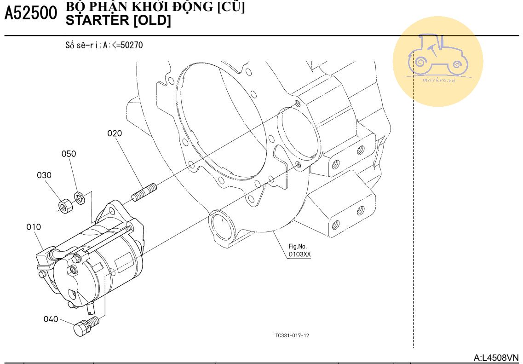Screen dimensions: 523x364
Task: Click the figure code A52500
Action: pos(30,14)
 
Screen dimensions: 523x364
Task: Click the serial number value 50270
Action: pos(132,45)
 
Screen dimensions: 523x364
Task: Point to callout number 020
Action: pos(115,133)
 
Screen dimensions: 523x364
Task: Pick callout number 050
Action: pos(69,154)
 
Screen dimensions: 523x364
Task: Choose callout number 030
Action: pos(44,175)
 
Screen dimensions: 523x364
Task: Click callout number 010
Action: pos(34,227)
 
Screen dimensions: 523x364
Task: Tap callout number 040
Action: pos(51,319)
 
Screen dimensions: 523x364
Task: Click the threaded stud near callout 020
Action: pos(144,192)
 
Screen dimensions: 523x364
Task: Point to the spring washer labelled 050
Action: pos(80,198)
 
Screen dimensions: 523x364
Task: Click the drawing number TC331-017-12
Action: pos(292,335)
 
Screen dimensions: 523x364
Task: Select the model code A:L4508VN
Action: pos(496,357)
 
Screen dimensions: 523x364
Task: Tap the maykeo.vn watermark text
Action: pos(439,80)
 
